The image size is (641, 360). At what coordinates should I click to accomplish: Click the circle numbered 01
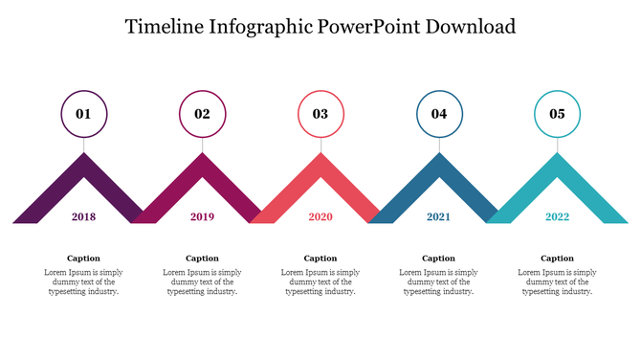coord(84,114)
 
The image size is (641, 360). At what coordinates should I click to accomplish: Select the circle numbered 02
coord(202,114)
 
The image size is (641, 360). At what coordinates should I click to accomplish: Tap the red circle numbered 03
coord(320,114)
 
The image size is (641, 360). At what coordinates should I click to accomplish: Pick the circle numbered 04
coord(439,114)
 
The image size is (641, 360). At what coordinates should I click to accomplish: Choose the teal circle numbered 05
coord(557,114)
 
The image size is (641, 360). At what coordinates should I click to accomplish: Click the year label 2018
coord(84,217)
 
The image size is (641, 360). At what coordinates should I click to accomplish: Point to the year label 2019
coord(202,217)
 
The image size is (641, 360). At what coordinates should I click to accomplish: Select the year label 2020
coord(320,217)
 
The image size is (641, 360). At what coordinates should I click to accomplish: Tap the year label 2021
coord(438,217)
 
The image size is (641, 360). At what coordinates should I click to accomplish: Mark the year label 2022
coord(557,217)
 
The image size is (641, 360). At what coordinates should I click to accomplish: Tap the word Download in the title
coord(473,26)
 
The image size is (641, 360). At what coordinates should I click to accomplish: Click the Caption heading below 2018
coord(84,259)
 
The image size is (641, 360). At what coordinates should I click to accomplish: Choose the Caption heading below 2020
coord(320,259)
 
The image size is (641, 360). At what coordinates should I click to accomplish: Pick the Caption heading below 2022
coord(557,259)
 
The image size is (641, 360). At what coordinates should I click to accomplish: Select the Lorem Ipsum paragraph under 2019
coord(202,282)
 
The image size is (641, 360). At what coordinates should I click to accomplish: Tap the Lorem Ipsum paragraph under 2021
coord(439,282)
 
